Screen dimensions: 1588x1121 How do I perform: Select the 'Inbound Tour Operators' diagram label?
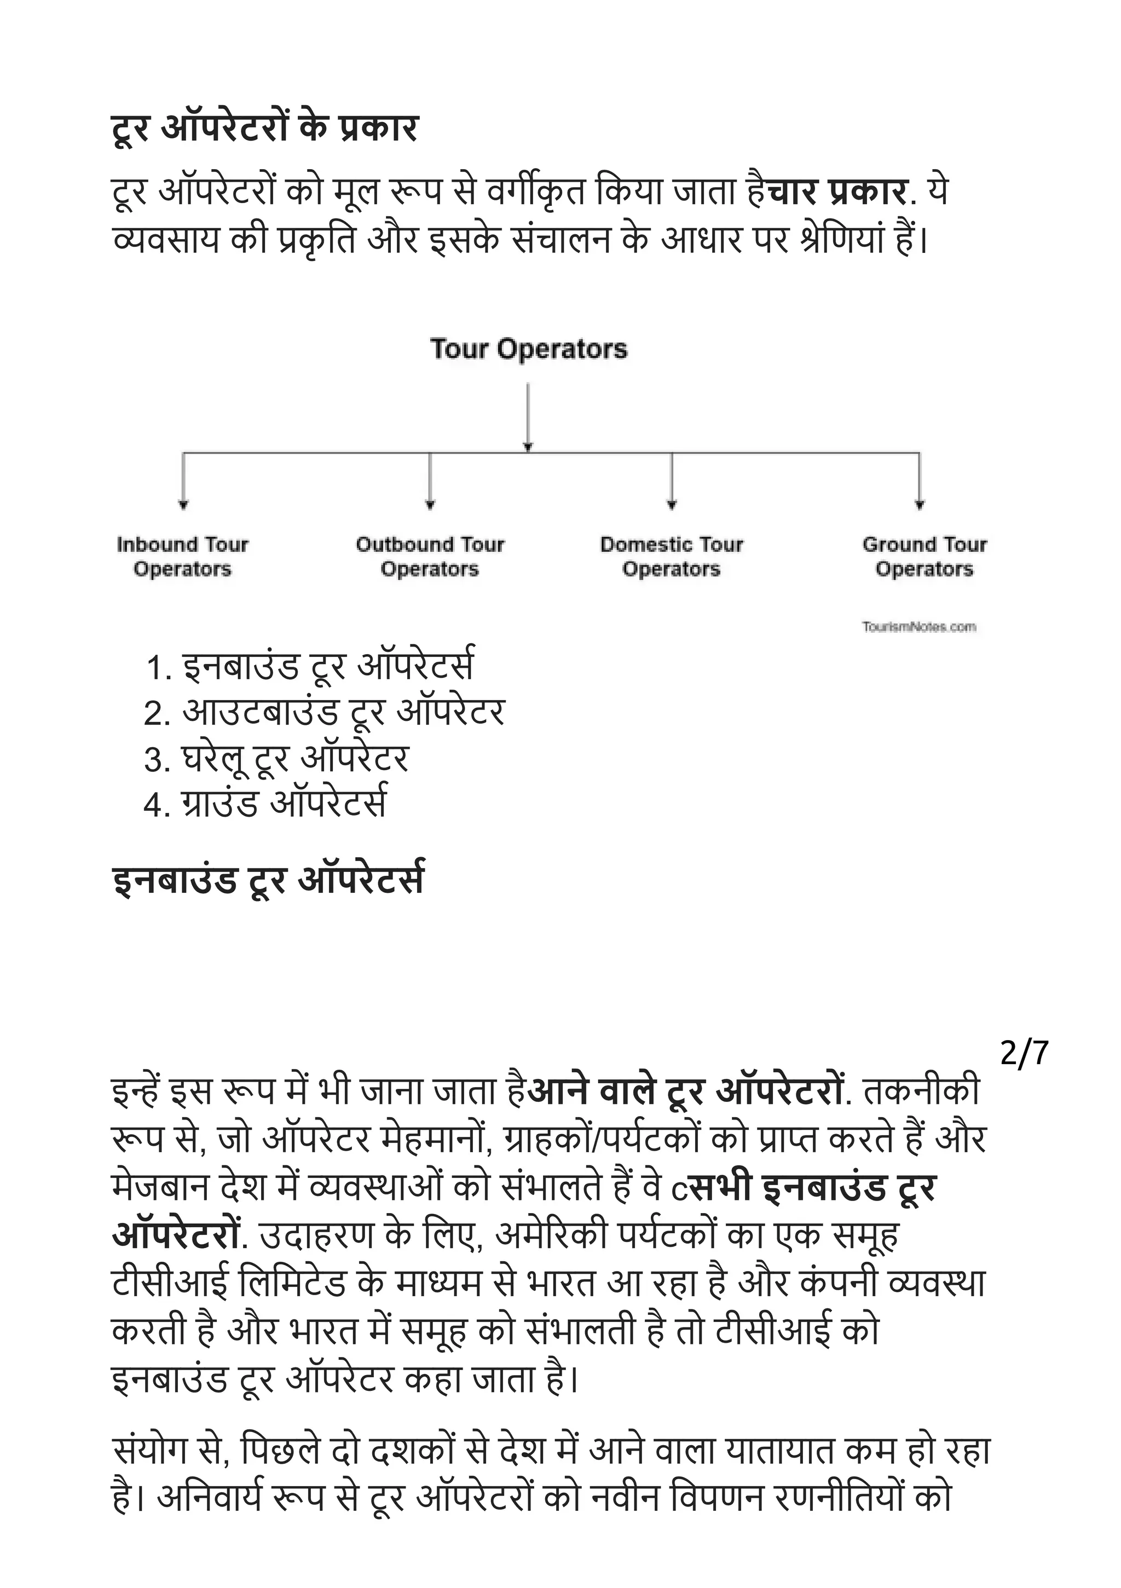(183, 557)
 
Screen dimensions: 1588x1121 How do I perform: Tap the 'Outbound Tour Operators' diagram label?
(430, 557)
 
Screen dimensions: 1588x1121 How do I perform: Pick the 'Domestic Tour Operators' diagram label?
(672, 557)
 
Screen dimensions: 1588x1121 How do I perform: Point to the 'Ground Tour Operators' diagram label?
(924, 557)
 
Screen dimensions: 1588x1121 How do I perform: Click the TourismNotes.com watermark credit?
(919, 627)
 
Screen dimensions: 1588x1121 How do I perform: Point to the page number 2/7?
(1024, 1053)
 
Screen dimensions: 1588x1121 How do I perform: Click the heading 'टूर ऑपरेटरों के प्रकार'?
(265, 129)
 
